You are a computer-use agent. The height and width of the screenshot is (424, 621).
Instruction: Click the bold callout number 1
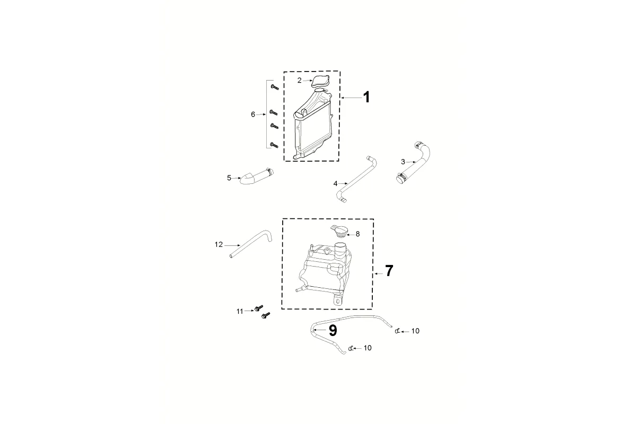[x=366, y=98]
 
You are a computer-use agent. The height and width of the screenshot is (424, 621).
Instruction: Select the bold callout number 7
[x=389, y=271]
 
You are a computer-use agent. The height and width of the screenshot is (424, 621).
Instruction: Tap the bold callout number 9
[x=333, y=331]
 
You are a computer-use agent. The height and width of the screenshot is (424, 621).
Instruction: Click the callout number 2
[x=299, y=80]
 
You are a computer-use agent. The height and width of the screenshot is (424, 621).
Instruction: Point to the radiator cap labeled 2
[x=320, y=81]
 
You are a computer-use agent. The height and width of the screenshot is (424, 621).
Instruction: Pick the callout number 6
[x=253, y=114]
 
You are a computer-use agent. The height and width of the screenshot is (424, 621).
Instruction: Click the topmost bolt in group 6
[x=274, y=87]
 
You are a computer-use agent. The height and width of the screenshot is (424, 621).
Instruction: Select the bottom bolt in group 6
[x=274, y=144]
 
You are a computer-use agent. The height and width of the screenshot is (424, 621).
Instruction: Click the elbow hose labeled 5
[x=255, y=176]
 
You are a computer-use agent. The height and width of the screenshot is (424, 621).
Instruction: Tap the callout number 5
[x=229, y=178]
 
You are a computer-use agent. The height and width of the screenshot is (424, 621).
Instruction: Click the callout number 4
[x=335, y=183]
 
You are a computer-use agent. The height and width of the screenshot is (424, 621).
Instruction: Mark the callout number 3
[x=403, y=162]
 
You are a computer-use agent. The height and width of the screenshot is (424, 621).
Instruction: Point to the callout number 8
[x=357, y=234]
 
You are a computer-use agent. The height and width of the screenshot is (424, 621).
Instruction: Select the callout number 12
[x=218, y=244]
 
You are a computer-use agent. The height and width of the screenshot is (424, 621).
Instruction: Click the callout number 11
[x=239, y=311]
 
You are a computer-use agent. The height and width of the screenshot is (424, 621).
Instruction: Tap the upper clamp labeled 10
[x=397, y=332]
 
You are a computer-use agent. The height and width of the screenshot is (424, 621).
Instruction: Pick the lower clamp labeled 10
[x=350, y=348]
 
